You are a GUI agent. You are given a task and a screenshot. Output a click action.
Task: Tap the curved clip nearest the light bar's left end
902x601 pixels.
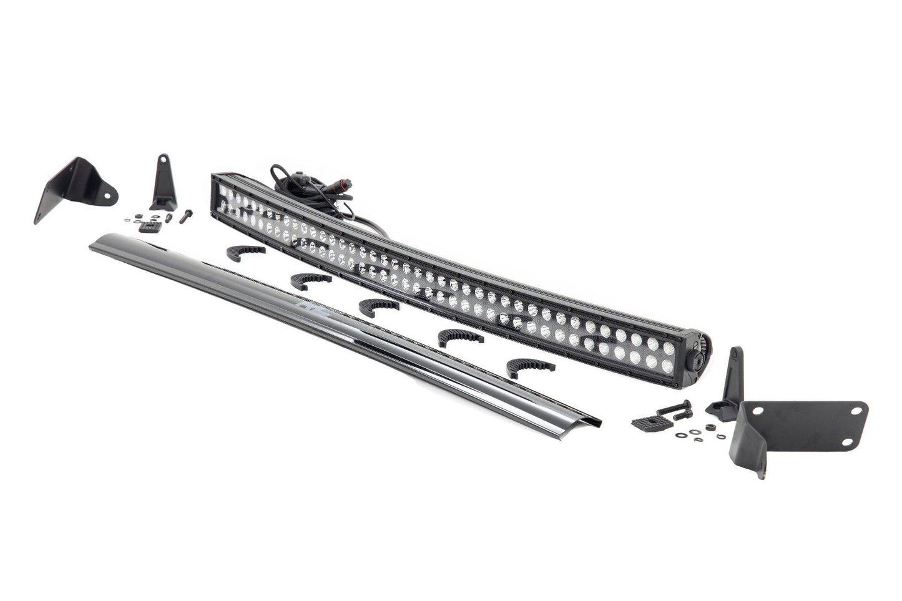(x=245, y=252)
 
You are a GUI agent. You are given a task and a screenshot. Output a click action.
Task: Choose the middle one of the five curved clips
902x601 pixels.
(x=378, y=306)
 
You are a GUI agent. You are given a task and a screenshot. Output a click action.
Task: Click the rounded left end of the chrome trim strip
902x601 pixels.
(x=94, y=245)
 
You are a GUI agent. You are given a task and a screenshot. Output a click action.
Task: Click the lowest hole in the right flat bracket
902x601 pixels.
(x=847, y=441)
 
